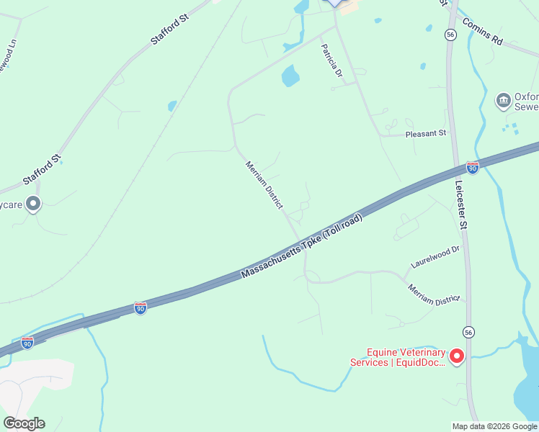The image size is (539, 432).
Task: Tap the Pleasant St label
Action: pos(426,133)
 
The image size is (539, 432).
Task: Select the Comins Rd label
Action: pos(482,32)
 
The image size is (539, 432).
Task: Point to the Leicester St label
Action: pos(461,204)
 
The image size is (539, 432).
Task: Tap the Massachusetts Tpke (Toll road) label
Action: pos(301,246)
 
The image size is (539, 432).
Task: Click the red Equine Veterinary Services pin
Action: pos(456,356)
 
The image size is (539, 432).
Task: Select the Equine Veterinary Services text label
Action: pos(398,357)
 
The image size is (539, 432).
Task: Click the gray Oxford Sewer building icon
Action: pos(504,100)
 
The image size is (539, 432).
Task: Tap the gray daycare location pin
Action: pos(32,204)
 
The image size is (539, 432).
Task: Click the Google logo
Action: pos(24,423)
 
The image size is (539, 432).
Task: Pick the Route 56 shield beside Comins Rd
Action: pos(450,35)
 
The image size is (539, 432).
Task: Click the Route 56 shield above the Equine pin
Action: pos(470,330)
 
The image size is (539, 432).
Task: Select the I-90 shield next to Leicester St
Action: pos(472,168)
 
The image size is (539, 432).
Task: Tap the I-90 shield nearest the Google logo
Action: pos(27,343)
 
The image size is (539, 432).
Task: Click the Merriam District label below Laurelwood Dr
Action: pos(433,295)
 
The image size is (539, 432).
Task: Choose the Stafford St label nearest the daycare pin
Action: pos(42,171)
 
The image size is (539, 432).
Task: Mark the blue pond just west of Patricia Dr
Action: pos(290,75)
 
